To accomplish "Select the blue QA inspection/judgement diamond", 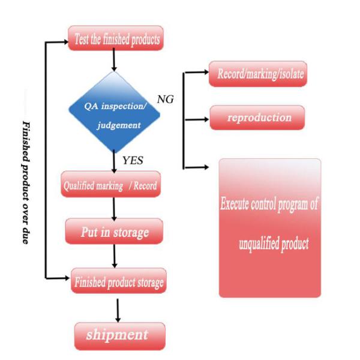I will point(113,113).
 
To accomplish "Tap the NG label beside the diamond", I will point(165,100).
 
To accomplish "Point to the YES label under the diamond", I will point(133,160).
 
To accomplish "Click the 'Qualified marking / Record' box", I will point(110,186).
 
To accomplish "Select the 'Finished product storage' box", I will point(118,280).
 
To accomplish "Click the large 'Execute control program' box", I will point(269,228).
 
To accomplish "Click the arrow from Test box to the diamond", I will point(114,61).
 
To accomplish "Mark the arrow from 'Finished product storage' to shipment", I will point(118,308).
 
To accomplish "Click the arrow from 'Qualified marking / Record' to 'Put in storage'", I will point(113,208).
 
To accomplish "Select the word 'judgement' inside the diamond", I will point(115,126).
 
